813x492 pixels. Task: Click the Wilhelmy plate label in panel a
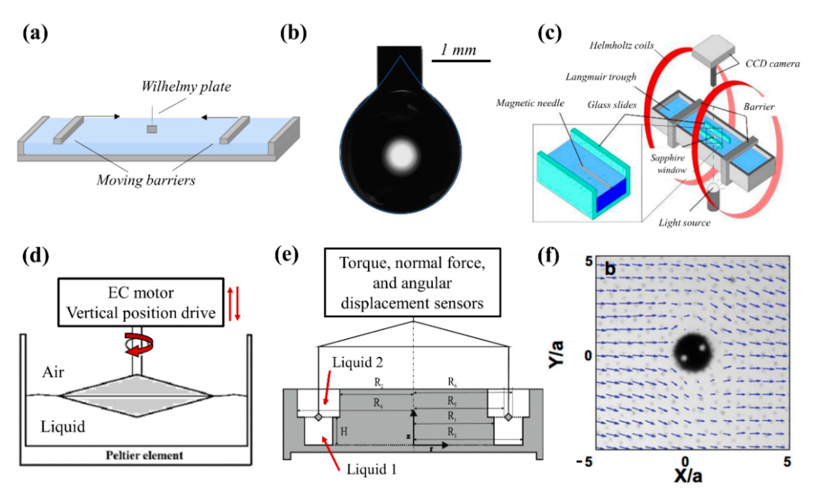[x=186, y=87]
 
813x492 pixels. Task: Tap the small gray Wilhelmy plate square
[x=152, y=129]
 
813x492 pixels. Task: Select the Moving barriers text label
[x=146, y=180]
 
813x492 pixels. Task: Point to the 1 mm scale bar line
[x=461, y=61]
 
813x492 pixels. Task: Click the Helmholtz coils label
[x=621, y=46]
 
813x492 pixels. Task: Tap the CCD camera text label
[x=772, y=63]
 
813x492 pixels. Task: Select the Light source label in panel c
[x=684, y=223]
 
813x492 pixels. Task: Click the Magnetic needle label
[x=530, y=103]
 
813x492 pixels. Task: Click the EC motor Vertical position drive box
[x=141, y=302]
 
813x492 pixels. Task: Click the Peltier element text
[x=144, y=455]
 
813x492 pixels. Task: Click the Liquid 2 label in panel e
[x=357, y=362]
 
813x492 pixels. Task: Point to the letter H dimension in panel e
[x=344, y=431]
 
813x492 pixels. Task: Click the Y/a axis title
[x=556, y=355]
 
